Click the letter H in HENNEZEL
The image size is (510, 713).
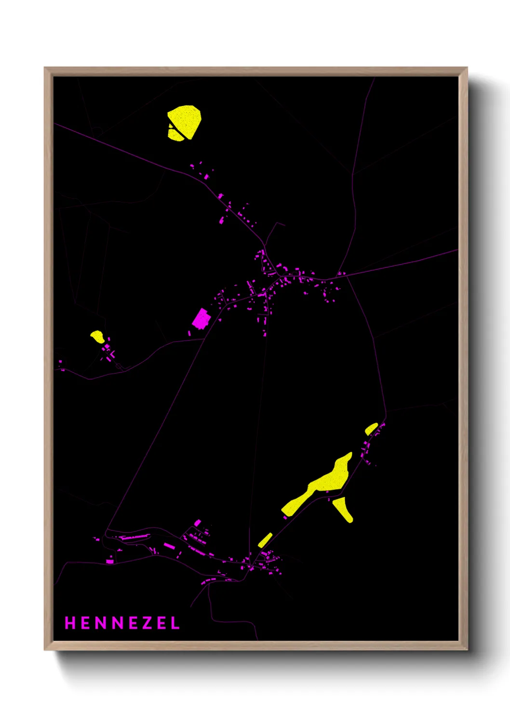coord(70,623)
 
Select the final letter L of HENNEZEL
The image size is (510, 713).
coord(175,623)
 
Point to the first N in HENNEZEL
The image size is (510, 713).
coord(101,623)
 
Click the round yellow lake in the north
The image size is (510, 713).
coord(185,122)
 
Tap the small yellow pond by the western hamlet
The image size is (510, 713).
coord(97,336)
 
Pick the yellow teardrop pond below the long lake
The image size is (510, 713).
coord(343,509)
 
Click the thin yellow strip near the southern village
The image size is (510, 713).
coord(265,540)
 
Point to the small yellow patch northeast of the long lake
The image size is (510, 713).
coord(371,428)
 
